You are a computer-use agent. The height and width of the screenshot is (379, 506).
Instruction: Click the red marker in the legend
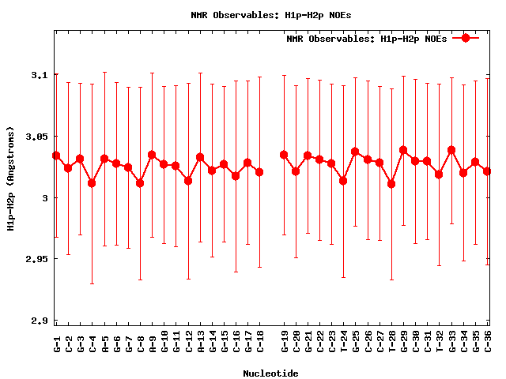466,38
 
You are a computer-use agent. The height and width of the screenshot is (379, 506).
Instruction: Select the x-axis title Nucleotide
270,373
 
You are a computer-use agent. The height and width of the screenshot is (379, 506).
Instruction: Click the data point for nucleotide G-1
56,156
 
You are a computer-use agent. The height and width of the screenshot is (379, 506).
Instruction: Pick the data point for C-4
92,183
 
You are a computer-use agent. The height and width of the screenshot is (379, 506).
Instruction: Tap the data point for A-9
152,155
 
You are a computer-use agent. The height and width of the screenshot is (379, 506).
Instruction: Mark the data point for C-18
259,172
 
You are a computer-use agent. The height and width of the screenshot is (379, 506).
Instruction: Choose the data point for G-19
284,155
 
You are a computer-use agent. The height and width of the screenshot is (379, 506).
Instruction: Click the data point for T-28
391,184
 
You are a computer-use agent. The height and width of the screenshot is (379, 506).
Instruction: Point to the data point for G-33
451,150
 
